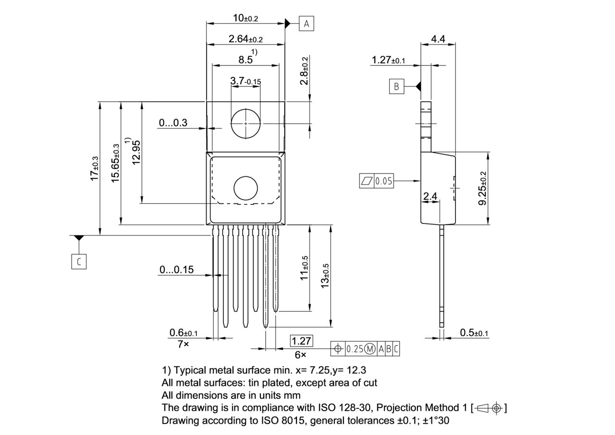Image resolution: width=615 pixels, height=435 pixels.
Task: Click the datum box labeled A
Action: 307,23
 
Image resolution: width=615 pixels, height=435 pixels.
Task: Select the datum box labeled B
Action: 396,87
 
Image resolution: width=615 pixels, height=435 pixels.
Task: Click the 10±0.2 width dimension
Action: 246,18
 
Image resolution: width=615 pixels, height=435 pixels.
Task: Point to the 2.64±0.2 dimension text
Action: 246,39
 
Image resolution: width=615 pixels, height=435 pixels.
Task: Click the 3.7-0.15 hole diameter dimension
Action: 246,81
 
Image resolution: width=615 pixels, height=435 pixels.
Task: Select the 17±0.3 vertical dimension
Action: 95,168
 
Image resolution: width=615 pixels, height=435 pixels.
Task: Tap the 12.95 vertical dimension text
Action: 136,152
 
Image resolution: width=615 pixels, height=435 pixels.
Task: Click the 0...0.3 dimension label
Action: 173,123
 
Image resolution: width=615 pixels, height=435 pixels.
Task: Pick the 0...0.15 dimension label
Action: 176,270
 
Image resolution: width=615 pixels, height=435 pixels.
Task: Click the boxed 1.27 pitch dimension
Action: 301,341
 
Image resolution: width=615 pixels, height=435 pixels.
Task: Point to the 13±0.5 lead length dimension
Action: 325,276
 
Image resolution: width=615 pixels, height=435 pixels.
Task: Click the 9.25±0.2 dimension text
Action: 482,188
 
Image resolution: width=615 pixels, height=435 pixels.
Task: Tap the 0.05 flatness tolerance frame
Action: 377,181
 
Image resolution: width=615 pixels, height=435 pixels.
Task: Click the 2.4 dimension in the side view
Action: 430,196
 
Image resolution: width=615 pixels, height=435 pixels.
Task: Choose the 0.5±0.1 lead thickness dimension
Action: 474,333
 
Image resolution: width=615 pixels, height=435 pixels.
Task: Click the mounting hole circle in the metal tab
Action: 246,123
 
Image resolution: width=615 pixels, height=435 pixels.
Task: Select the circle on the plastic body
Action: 246,188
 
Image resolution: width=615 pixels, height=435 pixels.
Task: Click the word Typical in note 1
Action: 190,370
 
